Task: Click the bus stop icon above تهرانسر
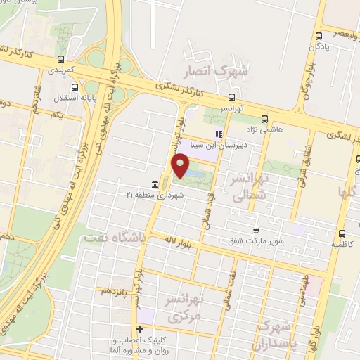(x=232, y=98)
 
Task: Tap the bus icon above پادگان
(x=319, y=37)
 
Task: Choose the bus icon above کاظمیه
(x=342, y=234)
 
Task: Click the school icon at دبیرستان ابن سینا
(x=219, y=134)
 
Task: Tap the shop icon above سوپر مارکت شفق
(x=257, y=230)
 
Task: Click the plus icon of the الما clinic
(x=139, y=329)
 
